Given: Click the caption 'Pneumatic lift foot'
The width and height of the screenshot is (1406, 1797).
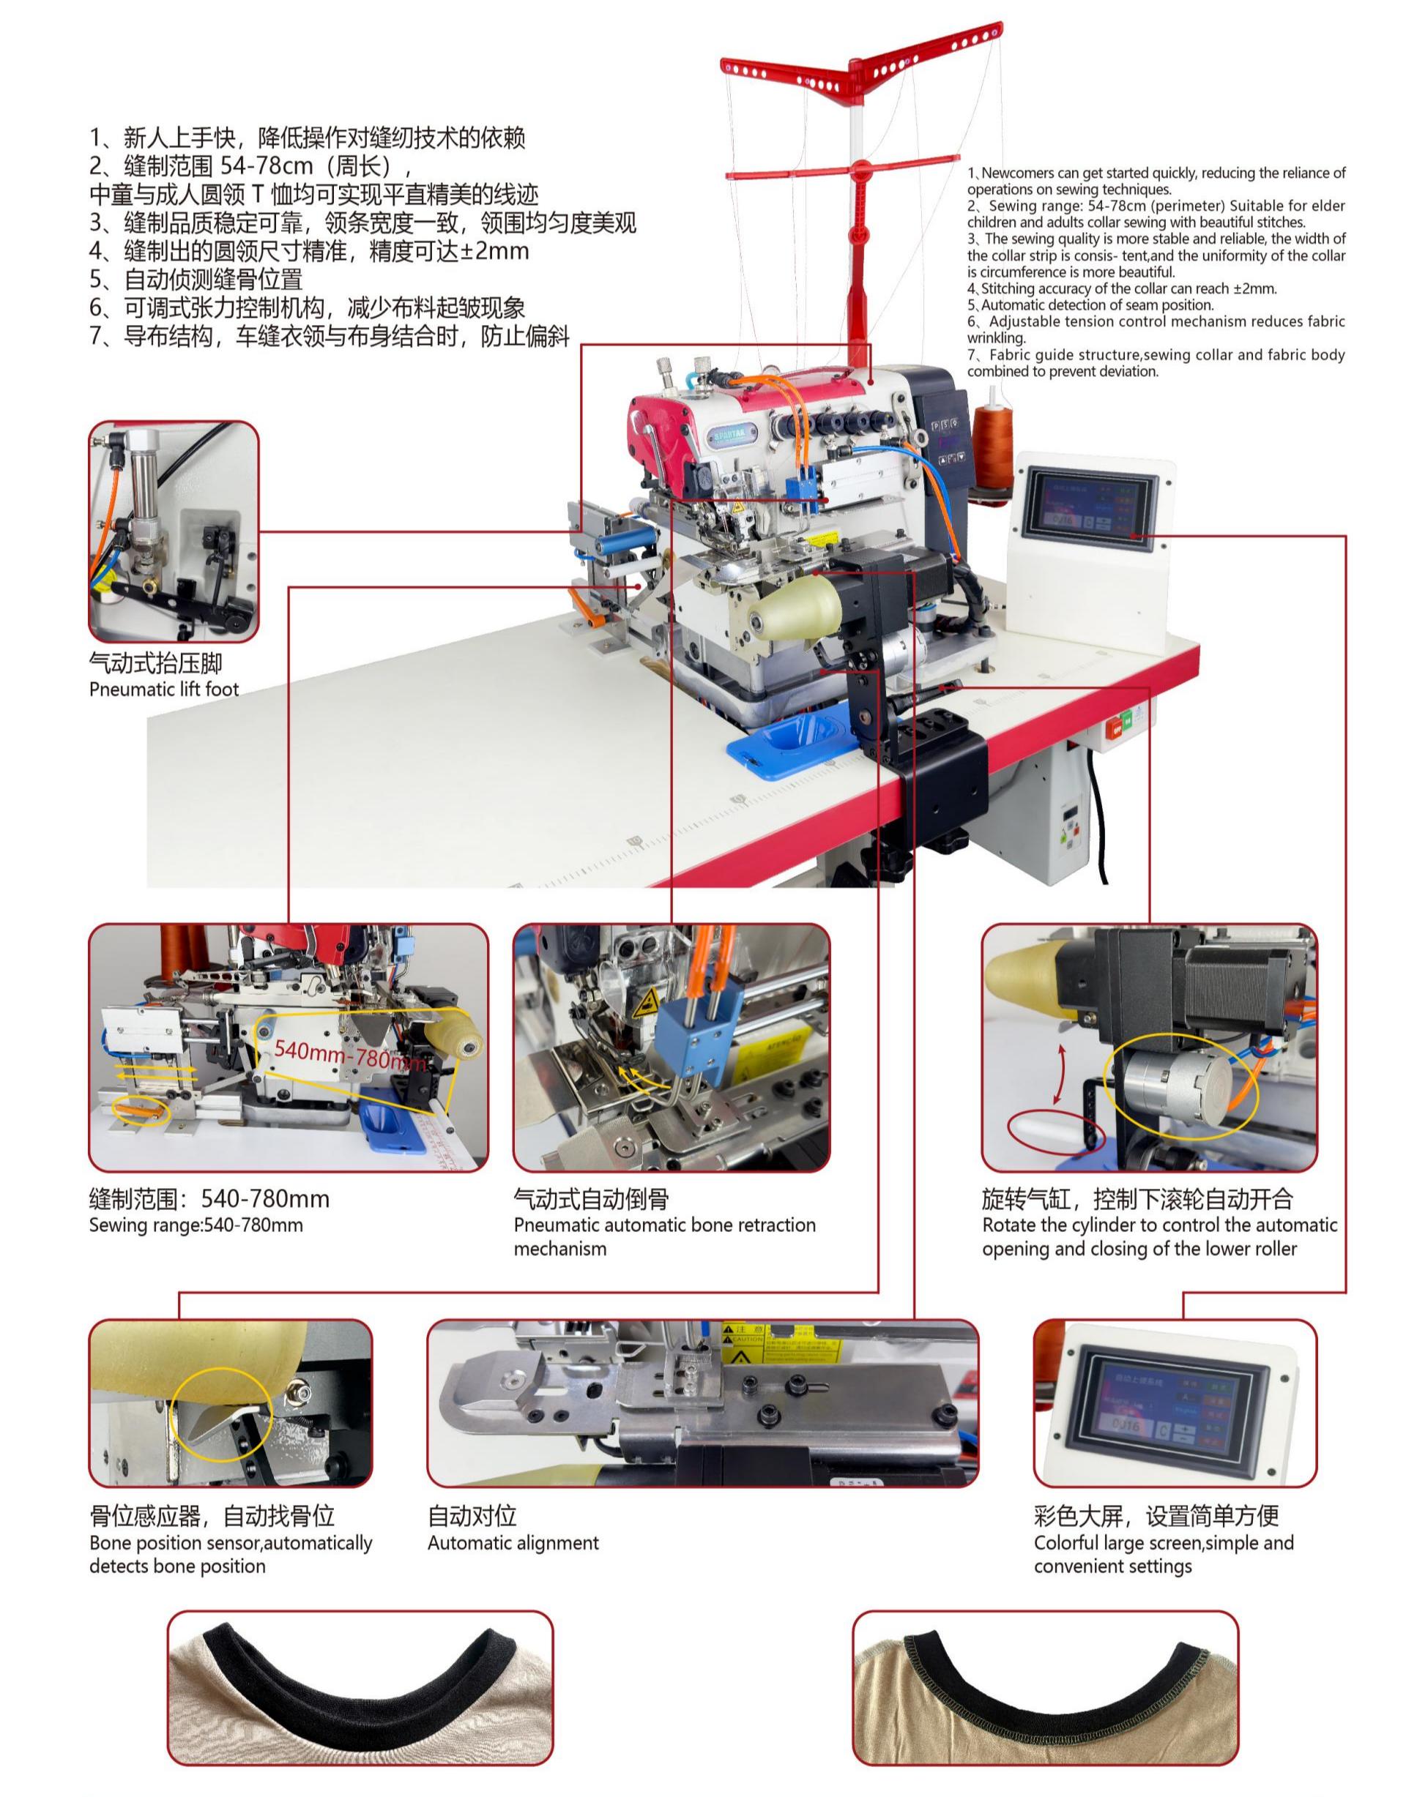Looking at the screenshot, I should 164,690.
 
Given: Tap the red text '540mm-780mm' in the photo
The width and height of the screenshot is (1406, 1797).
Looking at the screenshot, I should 350,1055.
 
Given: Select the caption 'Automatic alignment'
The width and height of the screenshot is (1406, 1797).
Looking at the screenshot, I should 513,1543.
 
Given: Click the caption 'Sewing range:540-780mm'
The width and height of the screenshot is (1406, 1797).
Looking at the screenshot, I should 196,1225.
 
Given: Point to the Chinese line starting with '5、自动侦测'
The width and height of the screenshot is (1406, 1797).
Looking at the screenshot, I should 196,279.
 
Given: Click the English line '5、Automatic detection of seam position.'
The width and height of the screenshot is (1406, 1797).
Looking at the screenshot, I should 1079,305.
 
